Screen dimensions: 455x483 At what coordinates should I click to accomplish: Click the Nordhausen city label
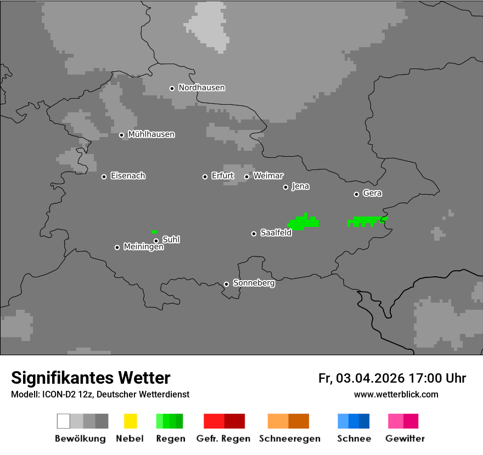coord(201,88)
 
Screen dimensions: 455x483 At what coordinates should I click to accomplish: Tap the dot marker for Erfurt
coord(205,177)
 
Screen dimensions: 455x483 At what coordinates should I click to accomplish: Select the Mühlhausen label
coord(151,134)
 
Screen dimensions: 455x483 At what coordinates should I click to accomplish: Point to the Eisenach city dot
coord(104,177)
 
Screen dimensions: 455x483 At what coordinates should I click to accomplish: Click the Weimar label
coord(268,176)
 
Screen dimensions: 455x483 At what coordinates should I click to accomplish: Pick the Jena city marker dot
coord(285,187)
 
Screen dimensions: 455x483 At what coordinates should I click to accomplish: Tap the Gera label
coord(372,194)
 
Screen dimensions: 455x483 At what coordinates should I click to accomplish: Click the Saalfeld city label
coord(276,233)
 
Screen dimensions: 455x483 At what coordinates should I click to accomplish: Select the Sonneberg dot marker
coord(226,284)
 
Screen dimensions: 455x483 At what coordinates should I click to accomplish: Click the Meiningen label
coord(143,247)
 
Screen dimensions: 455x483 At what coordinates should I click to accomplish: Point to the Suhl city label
coord(171,240)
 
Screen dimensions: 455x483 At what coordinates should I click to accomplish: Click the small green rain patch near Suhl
coord(154,231)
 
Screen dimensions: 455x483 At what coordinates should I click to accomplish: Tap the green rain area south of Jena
coord(304,223)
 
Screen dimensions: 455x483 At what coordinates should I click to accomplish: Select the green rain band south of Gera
coord(367,221)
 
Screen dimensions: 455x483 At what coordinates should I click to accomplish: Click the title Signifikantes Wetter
coord(91,378)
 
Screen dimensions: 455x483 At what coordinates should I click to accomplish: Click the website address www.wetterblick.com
coord(396,395)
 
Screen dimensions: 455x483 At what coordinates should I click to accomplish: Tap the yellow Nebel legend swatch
coord(130,421)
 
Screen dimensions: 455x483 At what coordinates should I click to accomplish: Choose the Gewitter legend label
coord(405,439)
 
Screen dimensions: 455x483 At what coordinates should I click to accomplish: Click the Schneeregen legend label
coord(289,439)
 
